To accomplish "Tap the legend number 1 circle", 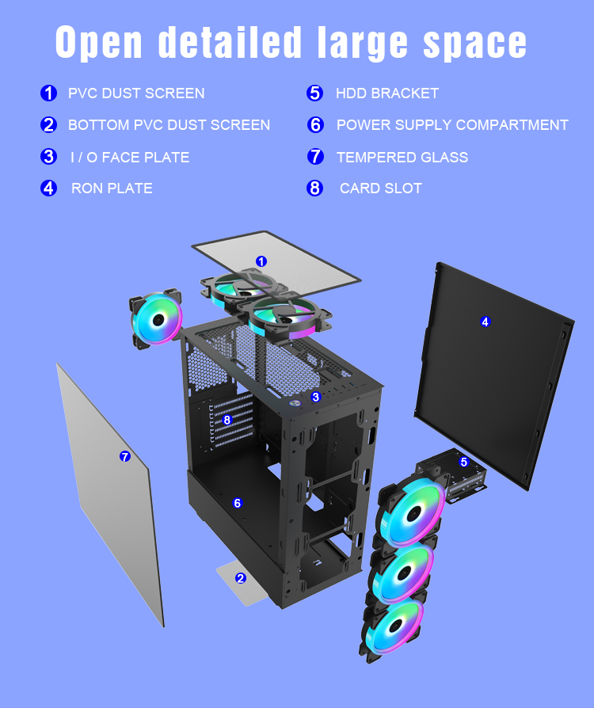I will tap(49, 93).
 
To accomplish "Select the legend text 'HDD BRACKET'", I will tap(386, 93).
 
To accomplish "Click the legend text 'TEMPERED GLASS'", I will tap(402, 157).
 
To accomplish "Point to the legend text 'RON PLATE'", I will tap(112, 188).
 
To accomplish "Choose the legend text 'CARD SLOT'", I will tap(380, 188).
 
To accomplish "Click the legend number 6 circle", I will tap(316, 125).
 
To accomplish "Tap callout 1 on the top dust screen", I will tap(261, 261).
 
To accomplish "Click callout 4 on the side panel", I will tap(485, 322).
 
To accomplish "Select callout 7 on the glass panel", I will tap(124, 456).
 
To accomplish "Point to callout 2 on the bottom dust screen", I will tap(241, 578).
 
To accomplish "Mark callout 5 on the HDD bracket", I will tap(464, 462).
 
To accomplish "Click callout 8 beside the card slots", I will tap(227, 421).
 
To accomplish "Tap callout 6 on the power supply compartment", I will tap(237, 503).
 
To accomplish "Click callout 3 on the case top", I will tap(315, 397).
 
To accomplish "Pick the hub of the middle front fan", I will tap(403, 574).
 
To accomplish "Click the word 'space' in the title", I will tap(474, 42).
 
